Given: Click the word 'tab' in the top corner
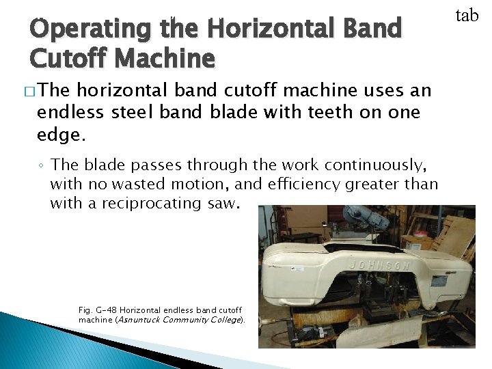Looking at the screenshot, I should click(467, 15).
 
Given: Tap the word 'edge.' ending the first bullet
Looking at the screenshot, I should click(61, 135).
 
